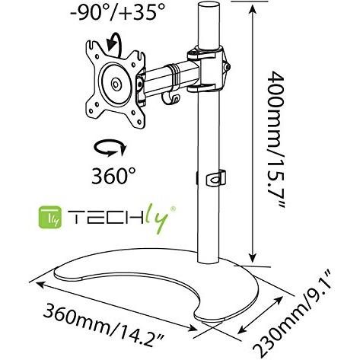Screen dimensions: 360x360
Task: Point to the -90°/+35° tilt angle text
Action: [117, 11]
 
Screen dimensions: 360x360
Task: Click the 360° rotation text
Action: [113, 175]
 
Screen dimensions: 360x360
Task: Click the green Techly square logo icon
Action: [50, 217]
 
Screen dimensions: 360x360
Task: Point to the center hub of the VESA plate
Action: [116, 84]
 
